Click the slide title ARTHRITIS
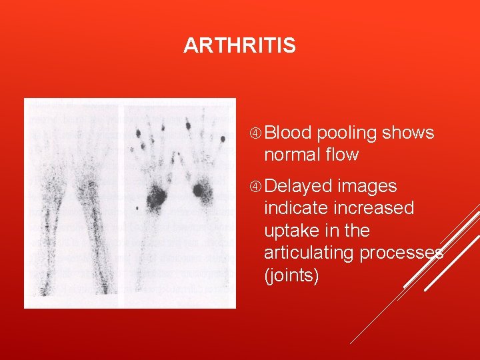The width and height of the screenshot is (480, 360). coord(239,45)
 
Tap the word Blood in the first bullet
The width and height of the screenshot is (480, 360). coord(288,133)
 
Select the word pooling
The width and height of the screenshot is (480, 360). coord(347,133)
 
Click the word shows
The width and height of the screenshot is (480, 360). coord(408,133)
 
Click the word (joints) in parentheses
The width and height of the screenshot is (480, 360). coord(291,275)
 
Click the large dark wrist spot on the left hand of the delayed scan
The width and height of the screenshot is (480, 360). coord(157,195)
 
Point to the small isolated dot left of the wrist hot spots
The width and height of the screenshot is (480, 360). coord(137,209)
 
